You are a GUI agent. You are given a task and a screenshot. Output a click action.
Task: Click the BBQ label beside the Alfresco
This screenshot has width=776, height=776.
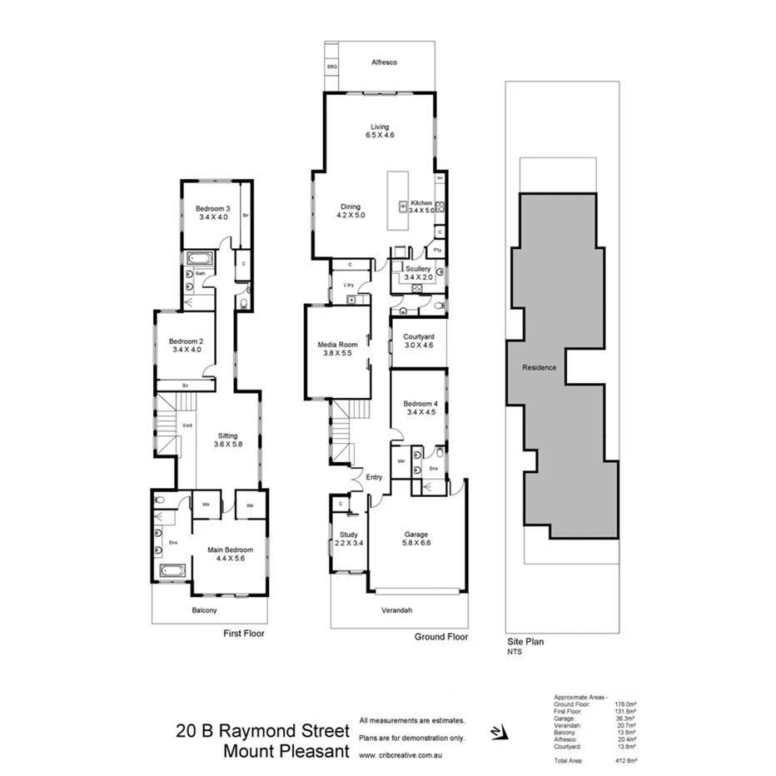(x=331, y=65)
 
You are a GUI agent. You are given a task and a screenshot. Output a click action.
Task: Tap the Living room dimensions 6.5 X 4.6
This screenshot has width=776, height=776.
(x=381, y=136)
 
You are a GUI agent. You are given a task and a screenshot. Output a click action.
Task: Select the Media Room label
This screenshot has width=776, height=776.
(x=337, y=344)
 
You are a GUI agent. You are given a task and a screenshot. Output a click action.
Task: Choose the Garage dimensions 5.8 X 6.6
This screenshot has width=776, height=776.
(x=417, y=543)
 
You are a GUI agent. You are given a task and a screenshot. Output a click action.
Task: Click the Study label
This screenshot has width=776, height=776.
(x=348, y=535)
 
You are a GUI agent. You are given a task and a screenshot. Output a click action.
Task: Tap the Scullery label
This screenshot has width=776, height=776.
(x=418, y=269)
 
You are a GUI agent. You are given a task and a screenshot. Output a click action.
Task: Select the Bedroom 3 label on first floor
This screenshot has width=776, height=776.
(x=212, y=208)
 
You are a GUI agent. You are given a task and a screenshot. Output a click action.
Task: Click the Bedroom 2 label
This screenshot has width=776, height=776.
(x=186, y=341)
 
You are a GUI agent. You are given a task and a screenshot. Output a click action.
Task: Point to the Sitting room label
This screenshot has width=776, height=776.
(x=227, y=435)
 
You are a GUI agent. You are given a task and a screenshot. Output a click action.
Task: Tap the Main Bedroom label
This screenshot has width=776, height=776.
(x=230, y=550)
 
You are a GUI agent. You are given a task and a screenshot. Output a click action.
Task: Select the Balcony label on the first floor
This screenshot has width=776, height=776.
(x=204, y=610)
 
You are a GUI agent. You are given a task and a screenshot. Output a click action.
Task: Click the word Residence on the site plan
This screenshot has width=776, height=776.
(x=539, y=367)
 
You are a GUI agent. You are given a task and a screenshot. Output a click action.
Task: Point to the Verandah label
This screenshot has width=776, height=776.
(x=395, y=611)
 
